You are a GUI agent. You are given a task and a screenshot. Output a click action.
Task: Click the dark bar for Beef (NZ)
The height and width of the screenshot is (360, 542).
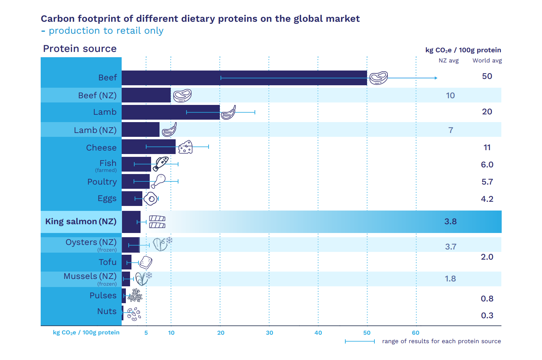point(146,95)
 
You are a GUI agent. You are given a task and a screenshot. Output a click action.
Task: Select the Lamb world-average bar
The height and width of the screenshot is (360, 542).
point(170,112)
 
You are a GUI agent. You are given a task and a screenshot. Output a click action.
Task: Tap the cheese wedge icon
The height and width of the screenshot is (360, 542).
point(185,147)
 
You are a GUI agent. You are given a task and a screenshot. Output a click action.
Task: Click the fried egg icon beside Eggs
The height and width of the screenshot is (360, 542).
point(151,199)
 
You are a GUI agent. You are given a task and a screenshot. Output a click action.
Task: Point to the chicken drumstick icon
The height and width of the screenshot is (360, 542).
point(158,181)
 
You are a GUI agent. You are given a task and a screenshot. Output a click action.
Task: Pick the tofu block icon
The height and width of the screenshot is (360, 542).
point(146,262)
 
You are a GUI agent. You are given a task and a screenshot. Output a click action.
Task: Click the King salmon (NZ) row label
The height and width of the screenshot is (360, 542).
point(81,221)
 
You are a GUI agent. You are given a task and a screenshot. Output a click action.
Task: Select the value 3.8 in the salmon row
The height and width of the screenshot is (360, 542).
point(450,221)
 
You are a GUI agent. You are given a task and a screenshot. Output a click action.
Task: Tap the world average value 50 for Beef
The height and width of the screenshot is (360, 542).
point(487,76)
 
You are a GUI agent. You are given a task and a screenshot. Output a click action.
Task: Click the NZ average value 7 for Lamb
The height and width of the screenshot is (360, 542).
point(450,130)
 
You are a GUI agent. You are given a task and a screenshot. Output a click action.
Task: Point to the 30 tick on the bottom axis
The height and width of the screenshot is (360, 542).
point(269,333)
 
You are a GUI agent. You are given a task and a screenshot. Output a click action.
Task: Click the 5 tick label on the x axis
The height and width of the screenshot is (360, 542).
point(146,333)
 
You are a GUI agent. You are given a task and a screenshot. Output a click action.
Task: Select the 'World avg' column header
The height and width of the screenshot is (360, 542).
point(487,60)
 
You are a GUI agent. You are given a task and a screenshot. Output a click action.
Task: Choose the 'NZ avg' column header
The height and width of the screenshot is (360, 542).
point(448,60)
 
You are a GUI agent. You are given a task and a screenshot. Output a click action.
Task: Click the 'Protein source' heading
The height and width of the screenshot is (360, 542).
point(80,48)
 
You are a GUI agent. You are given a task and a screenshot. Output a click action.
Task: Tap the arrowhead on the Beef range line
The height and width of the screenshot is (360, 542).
point(436,78)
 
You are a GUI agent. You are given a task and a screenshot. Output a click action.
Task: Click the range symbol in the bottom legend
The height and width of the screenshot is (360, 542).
point(360,341)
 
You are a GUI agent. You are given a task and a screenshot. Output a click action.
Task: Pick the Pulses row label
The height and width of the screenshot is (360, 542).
point(103,295)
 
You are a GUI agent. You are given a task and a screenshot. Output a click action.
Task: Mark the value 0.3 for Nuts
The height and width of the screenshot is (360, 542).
point(487,315)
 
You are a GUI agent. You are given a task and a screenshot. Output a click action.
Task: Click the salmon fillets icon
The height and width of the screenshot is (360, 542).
point(157,222)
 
